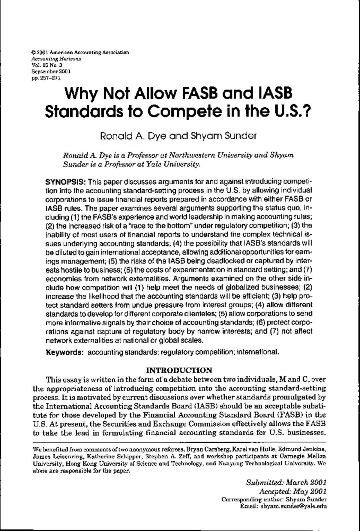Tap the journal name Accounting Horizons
[x=56, y=59]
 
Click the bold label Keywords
[x=64, y=352]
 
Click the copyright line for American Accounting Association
[x=80, y=53]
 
